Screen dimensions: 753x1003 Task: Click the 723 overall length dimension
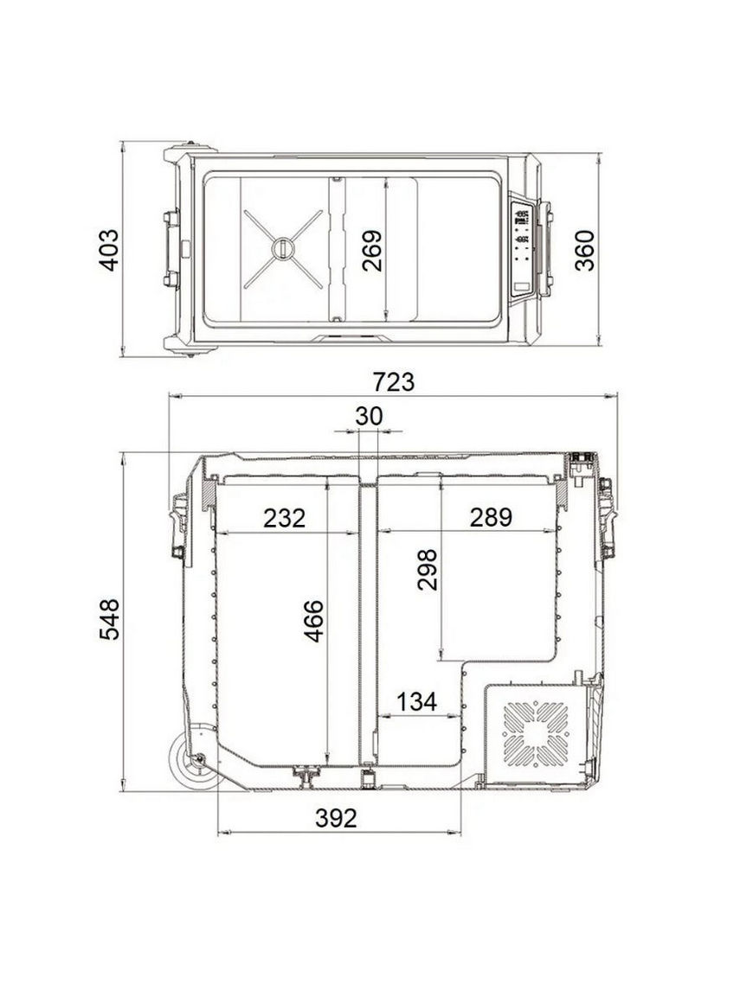(394, 382)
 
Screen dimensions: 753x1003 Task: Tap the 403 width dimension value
(110, 250)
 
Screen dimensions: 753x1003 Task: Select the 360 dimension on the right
(584, 251)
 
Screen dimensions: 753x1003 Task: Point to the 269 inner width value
(371, 251)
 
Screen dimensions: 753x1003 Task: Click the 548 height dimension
(110, 619)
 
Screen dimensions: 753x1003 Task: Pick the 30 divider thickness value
(369, 416)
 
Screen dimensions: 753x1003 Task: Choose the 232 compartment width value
(284, 518)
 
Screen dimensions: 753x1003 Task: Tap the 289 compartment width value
(491, 517)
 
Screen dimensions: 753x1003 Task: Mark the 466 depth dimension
(313, 621)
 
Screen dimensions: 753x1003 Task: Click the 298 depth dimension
(427, 569)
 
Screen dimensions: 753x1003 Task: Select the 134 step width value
(417, 702)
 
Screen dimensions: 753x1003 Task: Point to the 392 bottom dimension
(336, 817)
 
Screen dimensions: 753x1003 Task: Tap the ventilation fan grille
(535, 734)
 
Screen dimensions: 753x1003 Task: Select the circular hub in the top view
(282, 248)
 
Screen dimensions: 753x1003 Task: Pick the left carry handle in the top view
(171, 248)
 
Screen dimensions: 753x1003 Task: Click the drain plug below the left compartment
(306, 776)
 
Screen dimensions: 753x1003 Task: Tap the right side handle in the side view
(607, 517)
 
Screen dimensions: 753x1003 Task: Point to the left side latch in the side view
(178, 527)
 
